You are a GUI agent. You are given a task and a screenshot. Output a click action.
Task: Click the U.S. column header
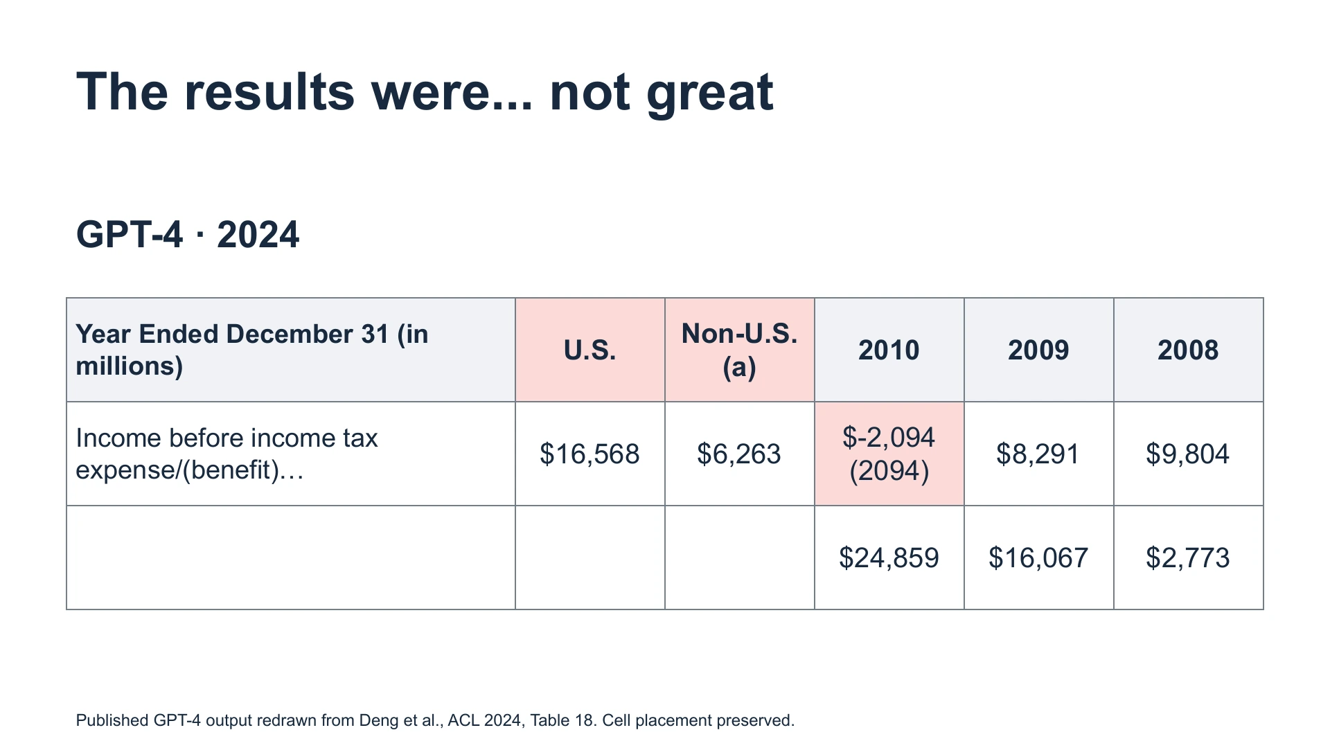click(x=589, y=350)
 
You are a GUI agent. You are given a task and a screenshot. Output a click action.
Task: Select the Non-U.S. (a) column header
click(x=739, y=350)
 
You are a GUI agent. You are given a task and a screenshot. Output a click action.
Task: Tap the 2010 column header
click(x=889, y=350)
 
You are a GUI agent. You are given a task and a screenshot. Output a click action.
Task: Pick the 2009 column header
click(x=1038, y=350)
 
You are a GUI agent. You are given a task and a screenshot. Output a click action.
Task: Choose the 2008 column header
click(x=1188, y=350)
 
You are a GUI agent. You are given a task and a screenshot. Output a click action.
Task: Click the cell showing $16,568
click(x=589, y=454)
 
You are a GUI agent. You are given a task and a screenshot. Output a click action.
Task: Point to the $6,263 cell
click(x=739, y=454)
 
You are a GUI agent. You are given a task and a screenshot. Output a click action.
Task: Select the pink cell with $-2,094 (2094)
click(x=889, y=454)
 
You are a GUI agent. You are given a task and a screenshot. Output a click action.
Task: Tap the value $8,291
click(x=1038, y=454)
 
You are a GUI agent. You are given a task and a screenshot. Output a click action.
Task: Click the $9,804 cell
click(x=1188, y=454)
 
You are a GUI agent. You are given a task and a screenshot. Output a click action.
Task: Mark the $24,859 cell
click(x=889, y=558)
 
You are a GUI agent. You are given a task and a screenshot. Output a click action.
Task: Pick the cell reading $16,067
click(x=1038, y=558)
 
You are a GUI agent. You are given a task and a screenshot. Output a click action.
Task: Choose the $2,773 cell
click(x=1188, y=558)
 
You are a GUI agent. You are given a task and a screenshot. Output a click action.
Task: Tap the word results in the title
click(x=269, y=91)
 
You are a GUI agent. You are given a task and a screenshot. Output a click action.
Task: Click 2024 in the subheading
click(x=258, y=234)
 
